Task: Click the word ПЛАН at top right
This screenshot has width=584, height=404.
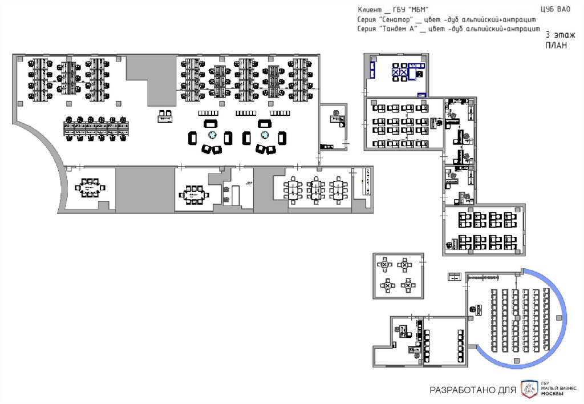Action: click(556, 46)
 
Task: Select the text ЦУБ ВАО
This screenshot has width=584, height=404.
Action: click(555, 9)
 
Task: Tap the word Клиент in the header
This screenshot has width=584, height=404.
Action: click(370, 10)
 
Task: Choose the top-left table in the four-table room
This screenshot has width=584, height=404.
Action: click(386, 265)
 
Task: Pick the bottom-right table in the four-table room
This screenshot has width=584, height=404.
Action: click(407, 284)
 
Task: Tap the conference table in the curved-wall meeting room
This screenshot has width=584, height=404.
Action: click(88, 187)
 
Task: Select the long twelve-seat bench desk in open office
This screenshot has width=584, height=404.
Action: click(96, 128)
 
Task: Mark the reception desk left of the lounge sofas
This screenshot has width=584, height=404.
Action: click(165, 116)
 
